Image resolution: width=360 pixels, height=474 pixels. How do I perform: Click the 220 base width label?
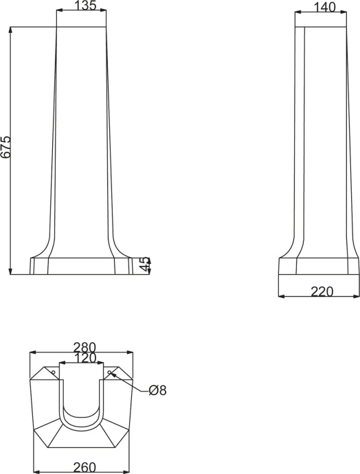point(322,291)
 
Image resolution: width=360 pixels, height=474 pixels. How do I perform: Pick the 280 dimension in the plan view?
point(82,347)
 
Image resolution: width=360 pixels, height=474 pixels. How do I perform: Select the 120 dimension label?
point(82,358)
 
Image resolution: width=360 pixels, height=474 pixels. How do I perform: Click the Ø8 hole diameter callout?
point(157,390)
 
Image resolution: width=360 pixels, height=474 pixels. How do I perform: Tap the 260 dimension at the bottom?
point(82,467)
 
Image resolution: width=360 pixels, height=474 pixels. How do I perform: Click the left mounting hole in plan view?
point(53,372)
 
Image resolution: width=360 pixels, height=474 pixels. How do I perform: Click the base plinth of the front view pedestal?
point(81,266)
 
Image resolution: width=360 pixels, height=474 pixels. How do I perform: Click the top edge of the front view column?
point(81,27)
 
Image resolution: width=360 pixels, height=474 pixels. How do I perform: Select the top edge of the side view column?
point(318,27)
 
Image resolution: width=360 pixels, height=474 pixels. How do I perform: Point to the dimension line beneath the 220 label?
point(318,297)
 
